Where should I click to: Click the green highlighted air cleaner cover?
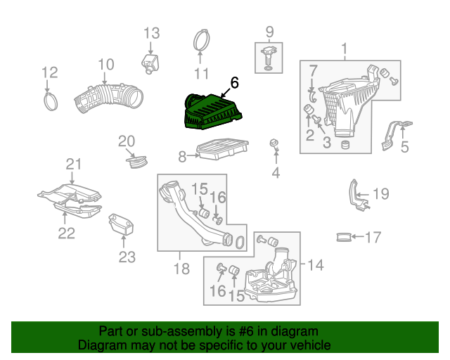click(x=212, y=112)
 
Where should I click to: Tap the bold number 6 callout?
click(x=234, y=83)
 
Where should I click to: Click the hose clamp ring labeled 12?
click(x=51, y=102)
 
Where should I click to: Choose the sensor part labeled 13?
click(x=150, y=63)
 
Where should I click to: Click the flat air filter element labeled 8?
click(x=222, y=149)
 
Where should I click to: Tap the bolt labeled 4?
click(x=275, y=146)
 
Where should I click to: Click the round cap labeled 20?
click(x=137, y=162)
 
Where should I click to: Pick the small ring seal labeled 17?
click(x=344, y=237)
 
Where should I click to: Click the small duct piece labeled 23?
click(x=121, y=224)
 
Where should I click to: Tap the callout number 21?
click(x=74, y=165)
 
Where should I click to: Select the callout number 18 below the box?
click(x=181, y=269)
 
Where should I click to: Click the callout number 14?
click(x=316, y=264)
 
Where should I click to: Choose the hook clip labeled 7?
click(x=312, y=96)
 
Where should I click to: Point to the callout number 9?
click(x=269, y=32)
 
